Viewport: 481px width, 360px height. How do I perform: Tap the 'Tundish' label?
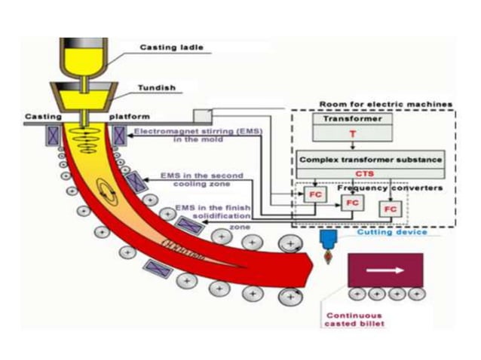pos(156,87)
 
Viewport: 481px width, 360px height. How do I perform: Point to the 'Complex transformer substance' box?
pos(370,160)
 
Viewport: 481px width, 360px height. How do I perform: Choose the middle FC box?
pos(352,203)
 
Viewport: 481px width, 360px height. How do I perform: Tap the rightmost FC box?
pos(390,208)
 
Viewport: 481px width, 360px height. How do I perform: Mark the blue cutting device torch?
pos(328,240)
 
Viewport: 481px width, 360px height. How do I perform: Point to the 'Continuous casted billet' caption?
pos(354,319)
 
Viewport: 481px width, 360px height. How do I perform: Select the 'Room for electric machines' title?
pos(385,104)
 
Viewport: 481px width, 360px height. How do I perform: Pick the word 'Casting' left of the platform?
pos(38,117)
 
